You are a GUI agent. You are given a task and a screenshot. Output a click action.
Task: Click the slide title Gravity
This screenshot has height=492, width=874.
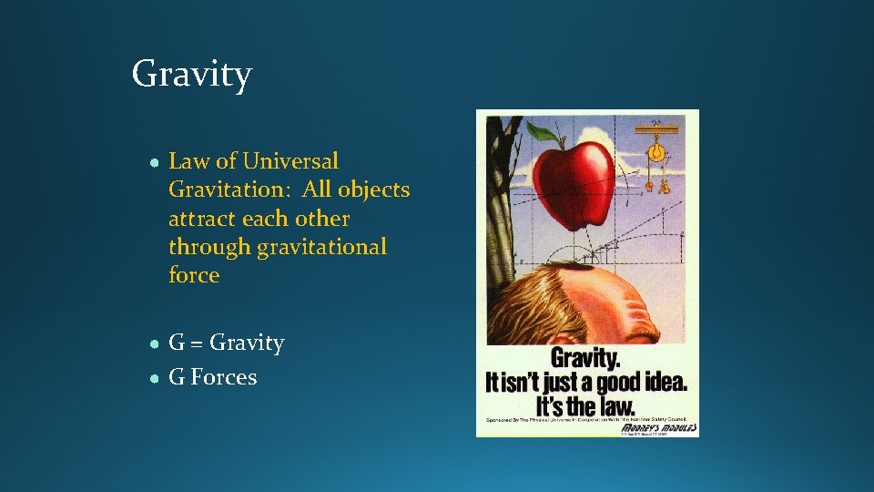pyautogui.click(x=191, y=74)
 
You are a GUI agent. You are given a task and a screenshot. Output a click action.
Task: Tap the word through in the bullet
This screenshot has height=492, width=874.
pyautogui.click(x=208, y=247)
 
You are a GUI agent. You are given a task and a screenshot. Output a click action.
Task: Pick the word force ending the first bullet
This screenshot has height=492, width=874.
pyautogui.click(x=194, y=275)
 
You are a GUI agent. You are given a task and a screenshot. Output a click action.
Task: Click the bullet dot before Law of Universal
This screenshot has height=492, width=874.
pyautogui.click(x=156, y=162)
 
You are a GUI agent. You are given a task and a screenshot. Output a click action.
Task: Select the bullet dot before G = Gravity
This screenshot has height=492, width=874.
pyautogui.click(x=156, y=343)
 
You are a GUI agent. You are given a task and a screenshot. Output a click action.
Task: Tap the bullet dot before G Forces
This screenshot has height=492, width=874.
pyautogui.click(x=156, y=378)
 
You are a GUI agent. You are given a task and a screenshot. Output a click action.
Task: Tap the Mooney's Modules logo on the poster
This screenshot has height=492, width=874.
pyautogui.click(x=659, y=427)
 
